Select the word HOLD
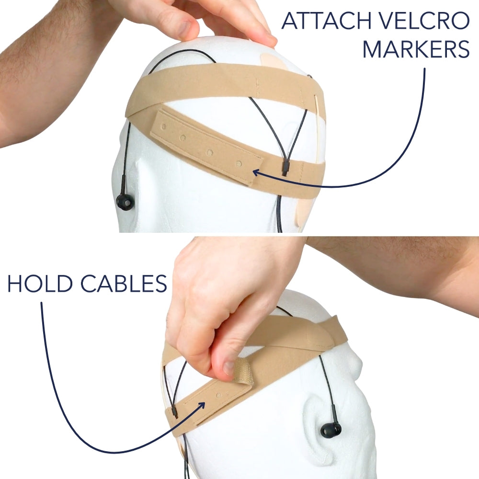40,283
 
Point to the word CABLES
124,283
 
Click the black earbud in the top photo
125,202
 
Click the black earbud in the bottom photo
331,430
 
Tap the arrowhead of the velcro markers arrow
258,173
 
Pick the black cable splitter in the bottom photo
175,412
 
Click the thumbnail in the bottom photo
228,368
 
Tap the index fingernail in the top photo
184,28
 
